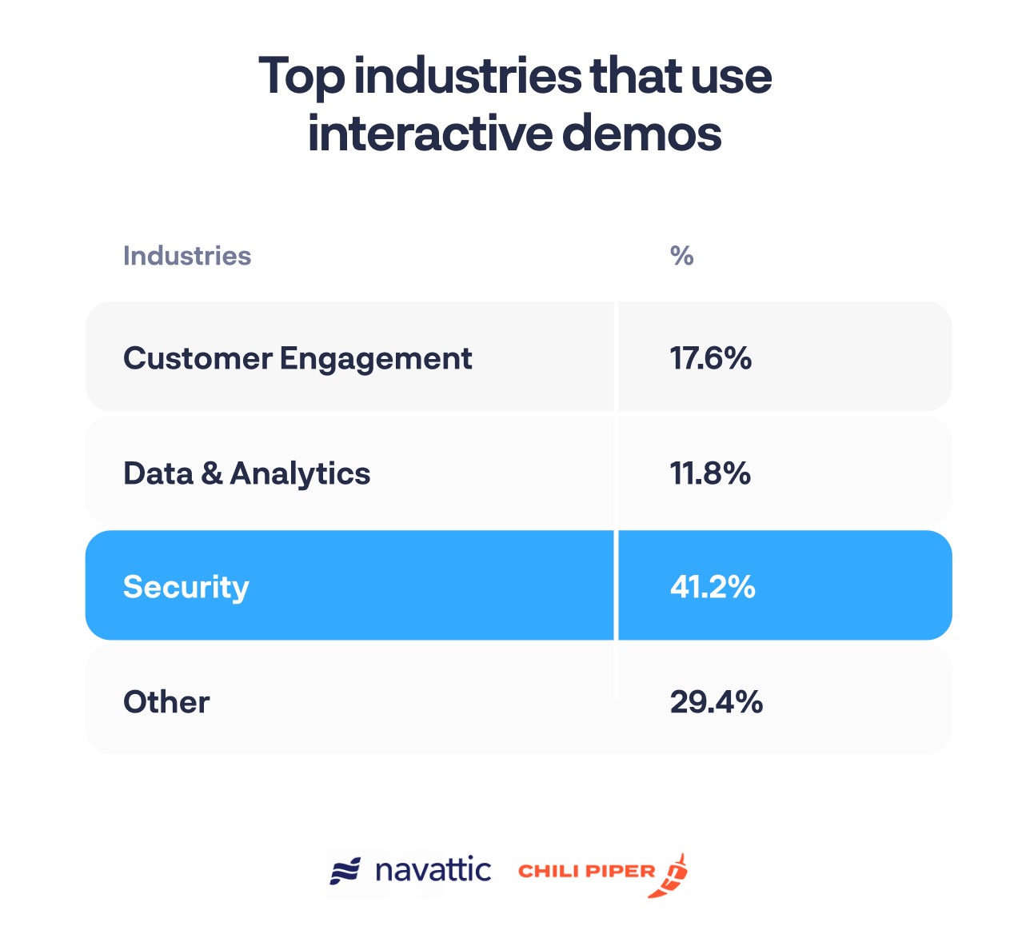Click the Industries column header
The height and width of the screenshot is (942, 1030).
186,256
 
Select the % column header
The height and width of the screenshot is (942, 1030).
681,256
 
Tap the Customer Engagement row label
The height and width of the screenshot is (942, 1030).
297,358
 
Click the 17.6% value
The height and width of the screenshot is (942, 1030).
710,358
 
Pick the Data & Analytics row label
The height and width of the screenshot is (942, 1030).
246,473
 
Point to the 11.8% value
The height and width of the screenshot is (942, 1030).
710,473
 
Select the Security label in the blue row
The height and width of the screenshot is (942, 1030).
186,587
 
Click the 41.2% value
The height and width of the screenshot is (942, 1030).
712,587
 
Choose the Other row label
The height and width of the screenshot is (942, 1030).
166,702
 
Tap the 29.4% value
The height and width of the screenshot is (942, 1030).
716,702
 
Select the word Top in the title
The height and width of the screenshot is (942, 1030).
301,78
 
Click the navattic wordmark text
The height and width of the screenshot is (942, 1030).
433,870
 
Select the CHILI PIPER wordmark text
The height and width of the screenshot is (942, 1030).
587,871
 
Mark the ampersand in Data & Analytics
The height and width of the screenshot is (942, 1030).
211,473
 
